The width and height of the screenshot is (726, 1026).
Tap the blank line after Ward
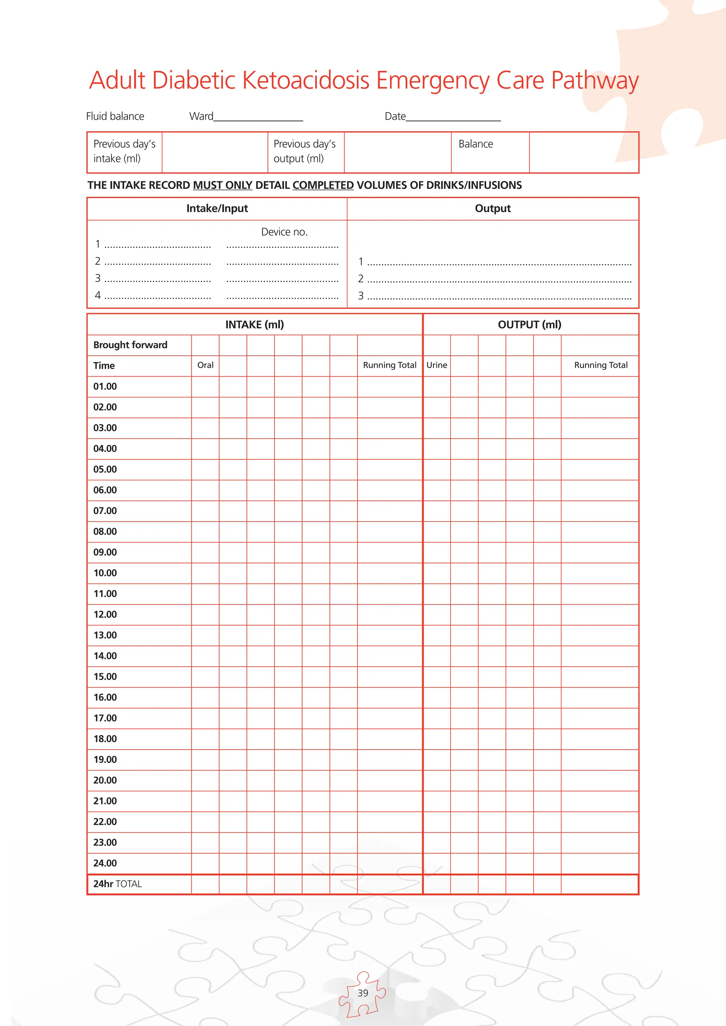[x=258, y=117]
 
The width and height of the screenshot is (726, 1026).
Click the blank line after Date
[x=453, y=117]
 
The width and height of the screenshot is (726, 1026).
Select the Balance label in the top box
[x=476, y=144]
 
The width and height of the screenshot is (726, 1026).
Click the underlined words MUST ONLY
[x=223, y=185]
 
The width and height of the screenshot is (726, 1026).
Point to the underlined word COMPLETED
[x=323, y=185]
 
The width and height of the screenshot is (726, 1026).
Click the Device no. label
[x=284, y=232]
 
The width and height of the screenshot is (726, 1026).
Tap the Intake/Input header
[x=217, y=208]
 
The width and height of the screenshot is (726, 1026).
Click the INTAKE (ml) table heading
[x=255, y=325]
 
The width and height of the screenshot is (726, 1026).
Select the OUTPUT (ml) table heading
[x=529, y=325]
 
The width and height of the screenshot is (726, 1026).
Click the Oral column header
[x=205, y=365]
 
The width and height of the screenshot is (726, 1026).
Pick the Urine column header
[x=437, y=365]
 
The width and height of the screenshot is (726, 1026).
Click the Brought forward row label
[x=130, y=345]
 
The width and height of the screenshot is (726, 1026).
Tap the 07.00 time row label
[x=105, y=511]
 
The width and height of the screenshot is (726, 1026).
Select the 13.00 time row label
[x=105, y=635]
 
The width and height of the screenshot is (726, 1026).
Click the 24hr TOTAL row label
[x=117, y=884]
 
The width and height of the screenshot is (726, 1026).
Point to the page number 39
[x=363, y=993]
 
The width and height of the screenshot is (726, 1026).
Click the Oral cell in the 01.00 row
[x=205, y=387]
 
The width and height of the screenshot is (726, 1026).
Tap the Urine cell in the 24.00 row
[x=437, y=863]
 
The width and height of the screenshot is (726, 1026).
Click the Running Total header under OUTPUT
[x=601, y=365]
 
